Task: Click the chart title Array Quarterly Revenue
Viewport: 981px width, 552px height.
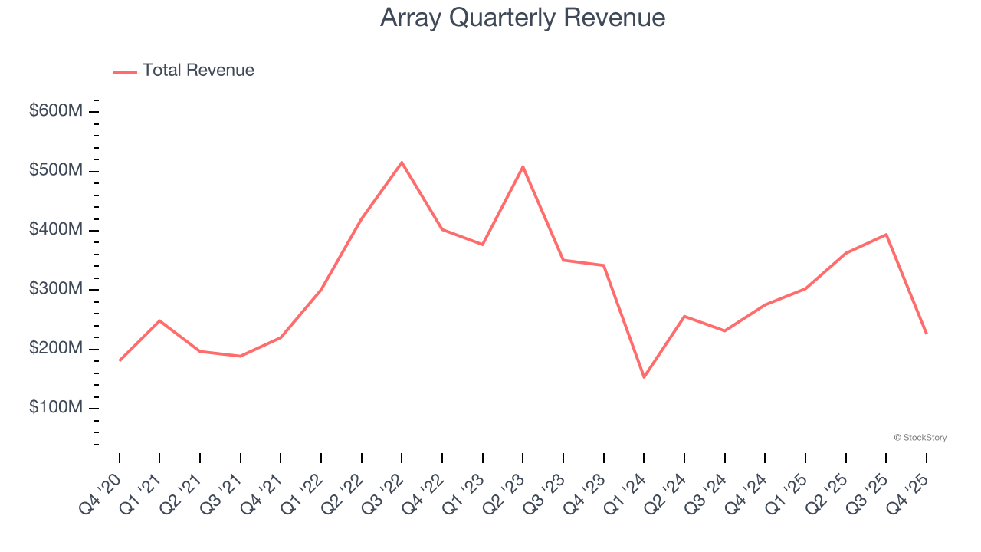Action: pos(522,17)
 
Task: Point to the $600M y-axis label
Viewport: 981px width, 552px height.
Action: pos(56,111)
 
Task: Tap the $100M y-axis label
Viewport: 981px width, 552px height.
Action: pos(56,408)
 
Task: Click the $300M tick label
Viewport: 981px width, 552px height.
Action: pos(56,289)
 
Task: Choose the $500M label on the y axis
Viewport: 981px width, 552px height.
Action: pos(56,170)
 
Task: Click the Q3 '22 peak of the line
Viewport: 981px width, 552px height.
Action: pos(402,163)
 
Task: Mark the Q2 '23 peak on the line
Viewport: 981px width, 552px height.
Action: pos(523,166)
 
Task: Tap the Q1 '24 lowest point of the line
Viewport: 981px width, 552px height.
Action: pos(644,376)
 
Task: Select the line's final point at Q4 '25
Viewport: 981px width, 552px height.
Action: pos(926,333)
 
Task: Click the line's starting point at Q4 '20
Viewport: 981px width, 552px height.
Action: pos(120,360)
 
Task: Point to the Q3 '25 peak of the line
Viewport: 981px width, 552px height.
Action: pos(886,235)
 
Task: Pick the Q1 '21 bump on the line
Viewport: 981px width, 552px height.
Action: pos(159,320)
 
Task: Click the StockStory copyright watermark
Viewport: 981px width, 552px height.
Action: pos(920,438)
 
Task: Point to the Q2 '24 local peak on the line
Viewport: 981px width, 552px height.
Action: pos(684,316)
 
